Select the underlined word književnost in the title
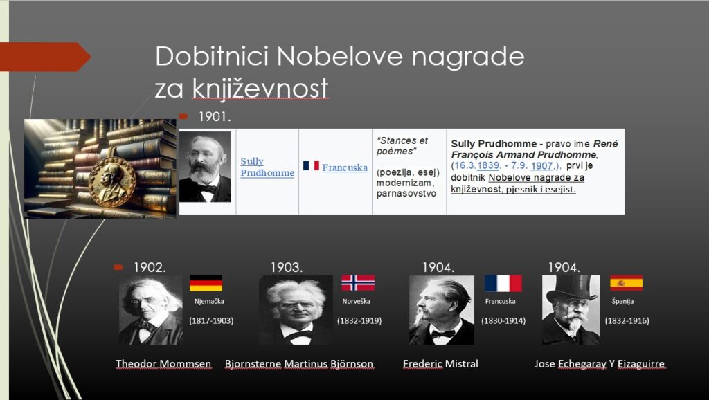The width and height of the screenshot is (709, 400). [x=260, y=88]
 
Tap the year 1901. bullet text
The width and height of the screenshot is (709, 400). [x=215, y=117]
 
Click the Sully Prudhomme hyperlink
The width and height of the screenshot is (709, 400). [x=267, y=167]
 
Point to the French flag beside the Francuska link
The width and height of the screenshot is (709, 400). [x=311, y=165]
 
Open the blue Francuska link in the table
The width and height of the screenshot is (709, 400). [x=345, y=167]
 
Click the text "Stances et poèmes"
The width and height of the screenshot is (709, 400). [x=402, y=146]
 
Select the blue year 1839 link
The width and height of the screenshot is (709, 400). [x=488, y=165]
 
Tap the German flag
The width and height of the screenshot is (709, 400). [x=206, y=283]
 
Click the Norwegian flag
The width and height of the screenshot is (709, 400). [x=358, y=283]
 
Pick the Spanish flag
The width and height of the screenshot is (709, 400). [x=626, y=283]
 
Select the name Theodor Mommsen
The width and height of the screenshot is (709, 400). [x=163, y=364]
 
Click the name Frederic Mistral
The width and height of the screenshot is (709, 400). [x=440, y=364]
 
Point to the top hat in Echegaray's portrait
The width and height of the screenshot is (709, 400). [x=571, y=287]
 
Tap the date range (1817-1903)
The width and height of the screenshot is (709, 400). [x=211, y=321]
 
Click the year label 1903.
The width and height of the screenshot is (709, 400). [x=287, y=268]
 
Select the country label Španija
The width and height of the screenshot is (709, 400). [x=622, y=301]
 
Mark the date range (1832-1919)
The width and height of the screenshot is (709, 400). [x=359, y=321]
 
